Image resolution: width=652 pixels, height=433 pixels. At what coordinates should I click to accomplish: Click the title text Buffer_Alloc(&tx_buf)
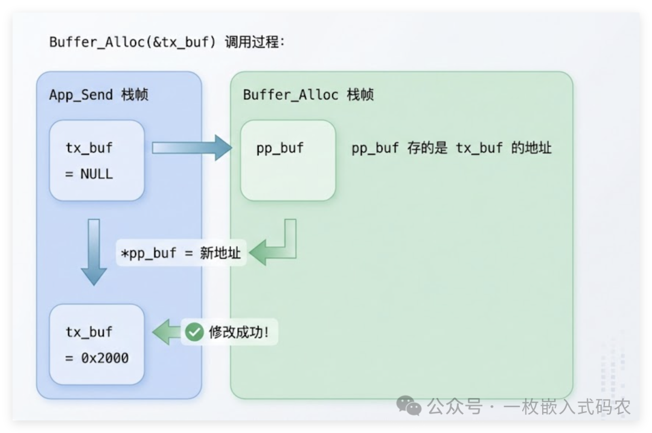point(132,43)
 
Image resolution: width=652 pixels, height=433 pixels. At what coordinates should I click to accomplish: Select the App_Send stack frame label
point(99,95)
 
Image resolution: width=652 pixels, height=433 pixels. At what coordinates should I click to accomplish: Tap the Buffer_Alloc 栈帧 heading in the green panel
point(308,95)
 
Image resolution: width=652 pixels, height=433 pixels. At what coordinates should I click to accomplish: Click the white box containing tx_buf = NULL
point(97,160)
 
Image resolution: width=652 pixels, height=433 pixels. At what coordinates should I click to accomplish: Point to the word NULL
point(97,174)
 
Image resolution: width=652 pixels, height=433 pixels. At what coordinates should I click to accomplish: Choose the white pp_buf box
point(288,160)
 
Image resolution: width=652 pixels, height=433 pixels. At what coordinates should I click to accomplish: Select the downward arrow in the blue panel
point(94,251)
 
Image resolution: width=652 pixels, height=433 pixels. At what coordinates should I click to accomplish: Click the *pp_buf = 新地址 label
point(181,252)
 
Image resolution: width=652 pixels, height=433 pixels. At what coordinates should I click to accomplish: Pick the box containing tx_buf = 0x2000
point(97,344)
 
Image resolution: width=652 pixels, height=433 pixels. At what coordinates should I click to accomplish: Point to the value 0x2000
point(105,358)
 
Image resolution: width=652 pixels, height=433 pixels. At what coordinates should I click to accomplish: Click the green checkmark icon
point(194,332)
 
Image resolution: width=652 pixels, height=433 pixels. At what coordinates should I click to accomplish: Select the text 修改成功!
point(238,332)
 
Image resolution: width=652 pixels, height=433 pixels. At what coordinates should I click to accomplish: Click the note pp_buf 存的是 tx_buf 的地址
point(452,148)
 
